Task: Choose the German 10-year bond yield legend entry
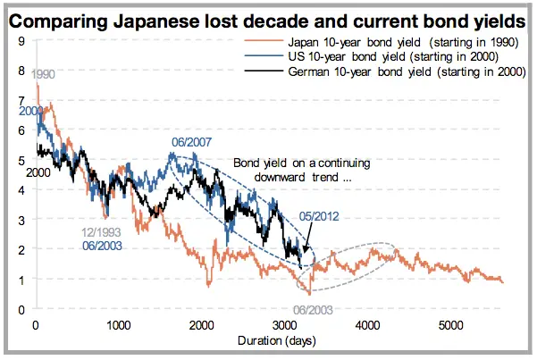coord(400,71)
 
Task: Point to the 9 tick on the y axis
coord(21,42)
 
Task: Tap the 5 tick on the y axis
coord(21,161)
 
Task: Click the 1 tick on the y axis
coord(21,280)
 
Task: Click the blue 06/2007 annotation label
coord(190,143)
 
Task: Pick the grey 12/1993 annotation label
coord(102,233)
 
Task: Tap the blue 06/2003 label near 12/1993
coord(102,245)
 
